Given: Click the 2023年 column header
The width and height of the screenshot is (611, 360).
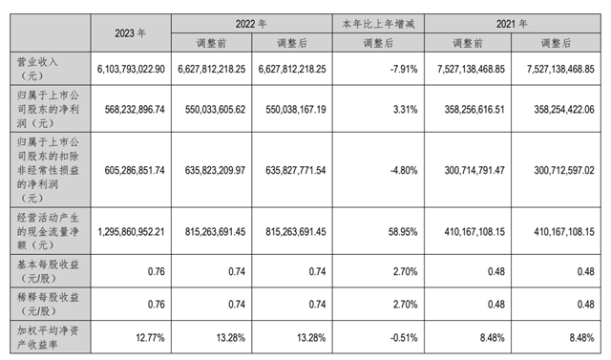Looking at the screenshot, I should (128, 32).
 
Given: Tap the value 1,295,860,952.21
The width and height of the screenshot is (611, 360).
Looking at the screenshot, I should (127, 231).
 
